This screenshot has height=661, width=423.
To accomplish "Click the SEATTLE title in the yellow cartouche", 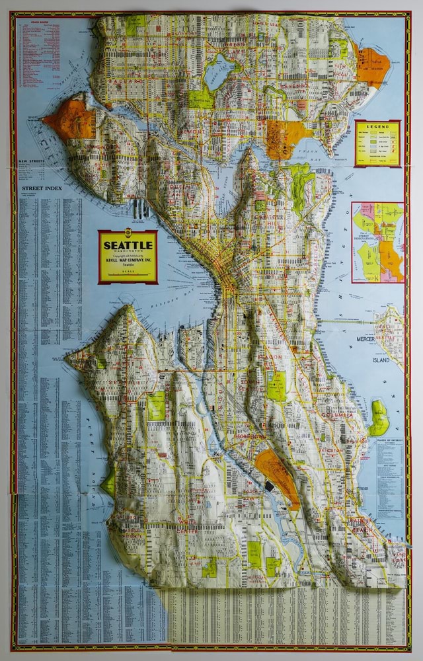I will pyautogui.click(x=128, y=245).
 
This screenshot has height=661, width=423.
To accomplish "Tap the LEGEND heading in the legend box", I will pyautogui.click(x=377, y=126).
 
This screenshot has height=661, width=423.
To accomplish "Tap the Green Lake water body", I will pyautogui.click(x=219, y=71).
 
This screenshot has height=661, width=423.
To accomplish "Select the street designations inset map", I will pyautogui.click(x=377, y=242).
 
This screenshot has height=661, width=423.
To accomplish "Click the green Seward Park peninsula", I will pyautogui.click(x=379, y=417).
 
